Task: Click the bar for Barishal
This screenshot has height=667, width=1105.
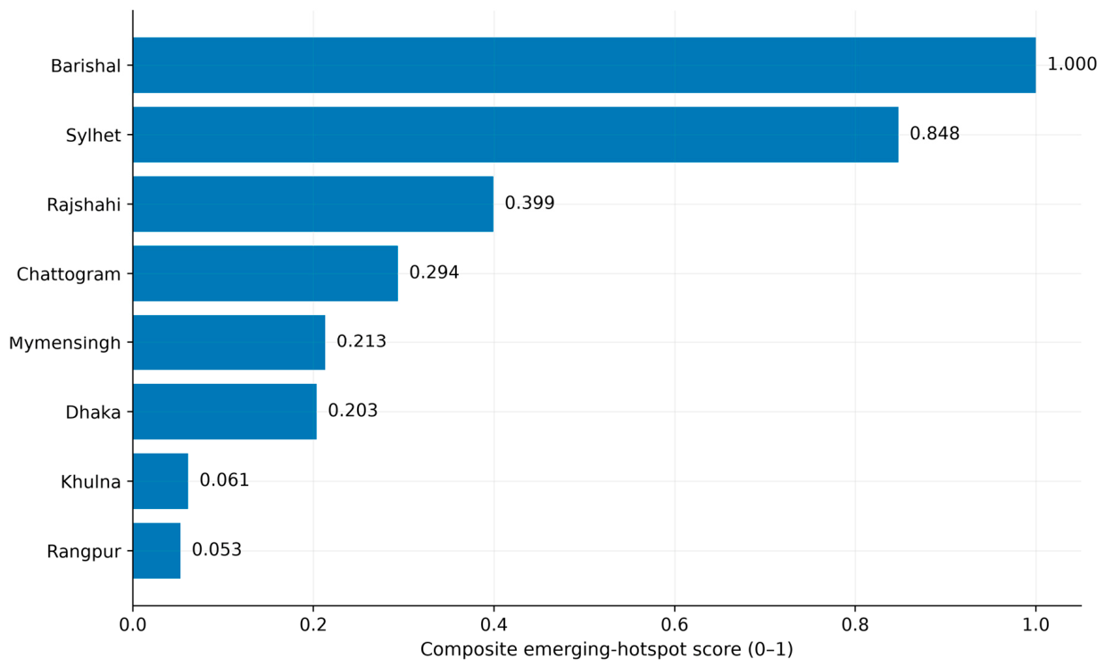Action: pos(584,65)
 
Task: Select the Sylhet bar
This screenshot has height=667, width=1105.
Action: pos(516,135)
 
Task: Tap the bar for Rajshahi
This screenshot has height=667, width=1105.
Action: pos(313,204)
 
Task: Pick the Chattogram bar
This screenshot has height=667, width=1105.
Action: pos(265,273)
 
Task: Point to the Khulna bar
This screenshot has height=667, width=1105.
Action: pos(161,481)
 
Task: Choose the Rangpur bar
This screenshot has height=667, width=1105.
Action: pos(157,551)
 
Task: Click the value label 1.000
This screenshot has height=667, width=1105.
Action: pos(1072,64)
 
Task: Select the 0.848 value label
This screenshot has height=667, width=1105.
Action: pos(935,134)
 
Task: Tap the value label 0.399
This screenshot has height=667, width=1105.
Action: pos(530,203)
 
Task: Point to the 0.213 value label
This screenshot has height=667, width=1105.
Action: pos(361,341)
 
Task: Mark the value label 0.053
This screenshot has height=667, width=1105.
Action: pos(217,550)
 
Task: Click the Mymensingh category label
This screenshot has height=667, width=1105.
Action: pos(64,344)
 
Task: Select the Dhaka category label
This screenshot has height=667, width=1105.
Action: pos(93,413)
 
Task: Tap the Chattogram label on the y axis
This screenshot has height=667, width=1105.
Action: pos(69,275)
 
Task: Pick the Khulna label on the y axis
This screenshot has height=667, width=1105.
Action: pos(91,482)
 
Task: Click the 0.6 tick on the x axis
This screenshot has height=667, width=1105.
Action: pos(675,625)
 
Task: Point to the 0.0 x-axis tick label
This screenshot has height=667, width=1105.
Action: pos(133,625)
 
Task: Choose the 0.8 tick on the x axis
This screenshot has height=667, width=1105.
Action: pos(855,625)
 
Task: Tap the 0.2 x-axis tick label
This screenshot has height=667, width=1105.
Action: pos(313,625)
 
